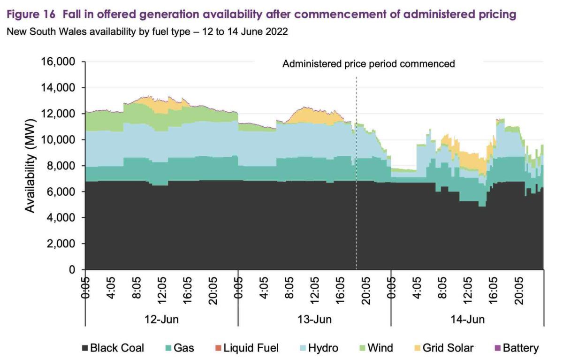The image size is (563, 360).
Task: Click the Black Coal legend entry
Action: click(x=113, y=348)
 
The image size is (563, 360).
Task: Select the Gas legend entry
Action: click(x=181, y=348)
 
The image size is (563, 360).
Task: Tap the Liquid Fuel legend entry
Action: click(x=247, y=348)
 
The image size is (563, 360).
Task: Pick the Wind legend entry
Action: click(x=376, y=348)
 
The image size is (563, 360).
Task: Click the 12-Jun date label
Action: click(x=160, y=320)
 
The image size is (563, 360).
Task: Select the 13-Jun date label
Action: click(x=314, y=320)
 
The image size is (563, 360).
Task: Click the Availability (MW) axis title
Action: click(x=30, y=166)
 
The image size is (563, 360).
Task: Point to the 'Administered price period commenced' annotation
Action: click(x=368, y=64)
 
